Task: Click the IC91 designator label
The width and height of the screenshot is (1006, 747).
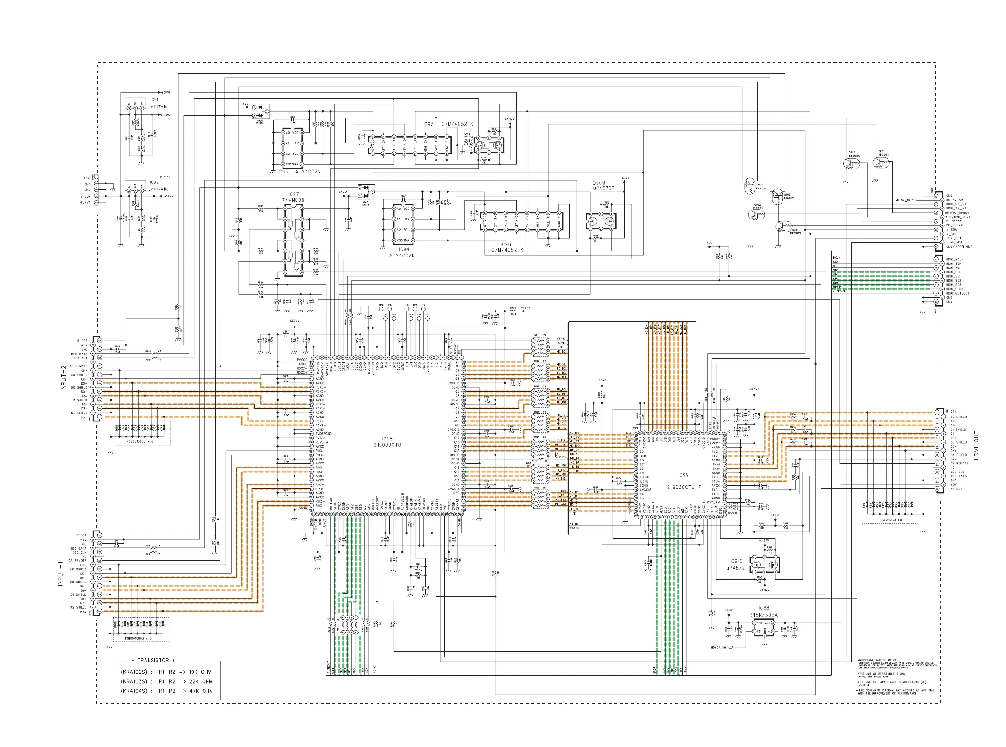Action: pos(154,99)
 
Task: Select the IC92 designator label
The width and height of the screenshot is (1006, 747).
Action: pos(154,182)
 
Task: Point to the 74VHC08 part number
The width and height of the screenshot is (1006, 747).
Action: pos(293,200)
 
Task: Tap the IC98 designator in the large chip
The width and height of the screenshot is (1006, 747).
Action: pos(387,439)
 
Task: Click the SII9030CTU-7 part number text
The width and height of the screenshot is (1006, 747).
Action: pos(684,487)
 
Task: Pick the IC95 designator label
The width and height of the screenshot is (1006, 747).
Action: pos(428,124)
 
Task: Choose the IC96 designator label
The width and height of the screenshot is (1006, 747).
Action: pos(505,244)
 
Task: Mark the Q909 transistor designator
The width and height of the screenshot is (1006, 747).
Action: pos(599,183)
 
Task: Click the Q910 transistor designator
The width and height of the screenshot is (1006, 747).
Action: pos(736,561)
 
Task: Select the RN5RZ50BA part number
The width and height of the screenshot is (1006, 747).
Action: pos(763,615)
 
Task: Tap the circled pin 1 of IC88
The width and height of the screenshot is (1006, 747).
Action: pos(754,623)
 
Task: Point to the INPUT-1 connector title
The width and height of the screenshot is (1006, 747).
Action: pos(60,574)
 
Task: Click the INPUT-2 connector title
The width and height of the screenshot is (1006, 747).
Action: pos(64,377)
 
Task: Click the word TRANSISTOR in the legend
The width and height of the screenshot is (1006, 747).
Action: pos(153,660)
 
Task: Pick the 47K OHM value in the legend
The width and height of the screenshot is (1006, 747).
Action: pos(201,691)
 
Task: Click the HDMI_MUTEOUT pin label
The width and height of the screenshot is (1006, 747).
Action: pos(958,293)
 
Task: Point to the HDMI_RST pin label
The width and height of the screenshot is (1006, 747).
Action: pos(954,238)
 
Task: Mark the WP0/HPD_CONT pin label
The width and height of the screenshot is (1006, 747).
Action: pos(957,217)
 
